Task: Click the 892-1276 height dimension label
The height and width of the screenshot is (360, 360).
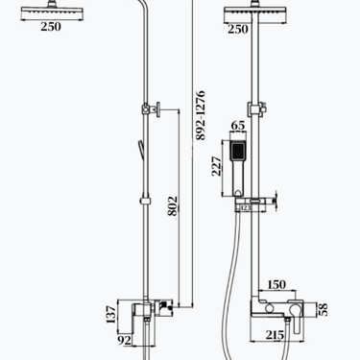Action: (200, 115)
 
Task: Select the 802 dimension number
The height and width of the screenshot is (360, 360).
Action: (173, 206)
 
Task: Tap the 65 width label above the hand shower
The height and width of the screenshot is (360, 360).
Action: (238, 126)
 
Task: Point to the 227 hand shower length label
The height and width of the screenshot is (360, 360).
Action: (216, 166)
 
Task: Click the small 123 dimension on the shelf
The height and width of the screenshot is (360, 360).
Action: (246, 208)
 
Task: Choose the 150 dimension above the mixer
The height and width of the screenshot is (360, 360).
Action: (276, 284)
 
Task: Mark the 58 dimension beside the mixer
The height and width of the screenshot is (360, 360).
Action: (324, 309)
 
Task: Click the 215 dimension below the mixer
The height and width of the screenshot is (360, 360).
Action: (275, 335)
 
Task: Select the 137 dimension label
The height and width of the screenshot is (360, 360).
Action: (110, 315)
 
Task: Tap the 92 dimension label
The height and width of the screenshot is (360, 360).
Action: (125, 341)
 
